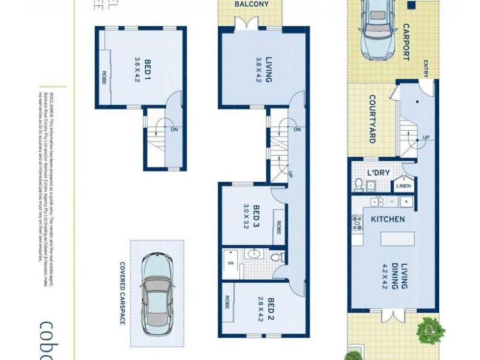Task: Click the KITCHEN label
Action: point(387,219)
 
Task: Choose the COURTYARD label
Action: point(372,119)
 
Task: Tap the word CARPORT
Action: point(406,42)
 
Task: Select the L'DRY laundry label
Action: point(378,173)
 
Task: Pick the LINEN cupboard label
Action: point(403,186)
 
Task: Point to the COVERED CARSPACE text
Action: point(122,293)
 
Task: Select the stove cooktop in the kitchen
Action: point(358,223)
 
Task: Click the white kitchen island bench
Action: point(395,238)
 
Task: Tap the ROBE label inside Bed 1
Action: point(104,77)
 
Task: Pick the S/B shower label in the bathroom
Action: point(231,263)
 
